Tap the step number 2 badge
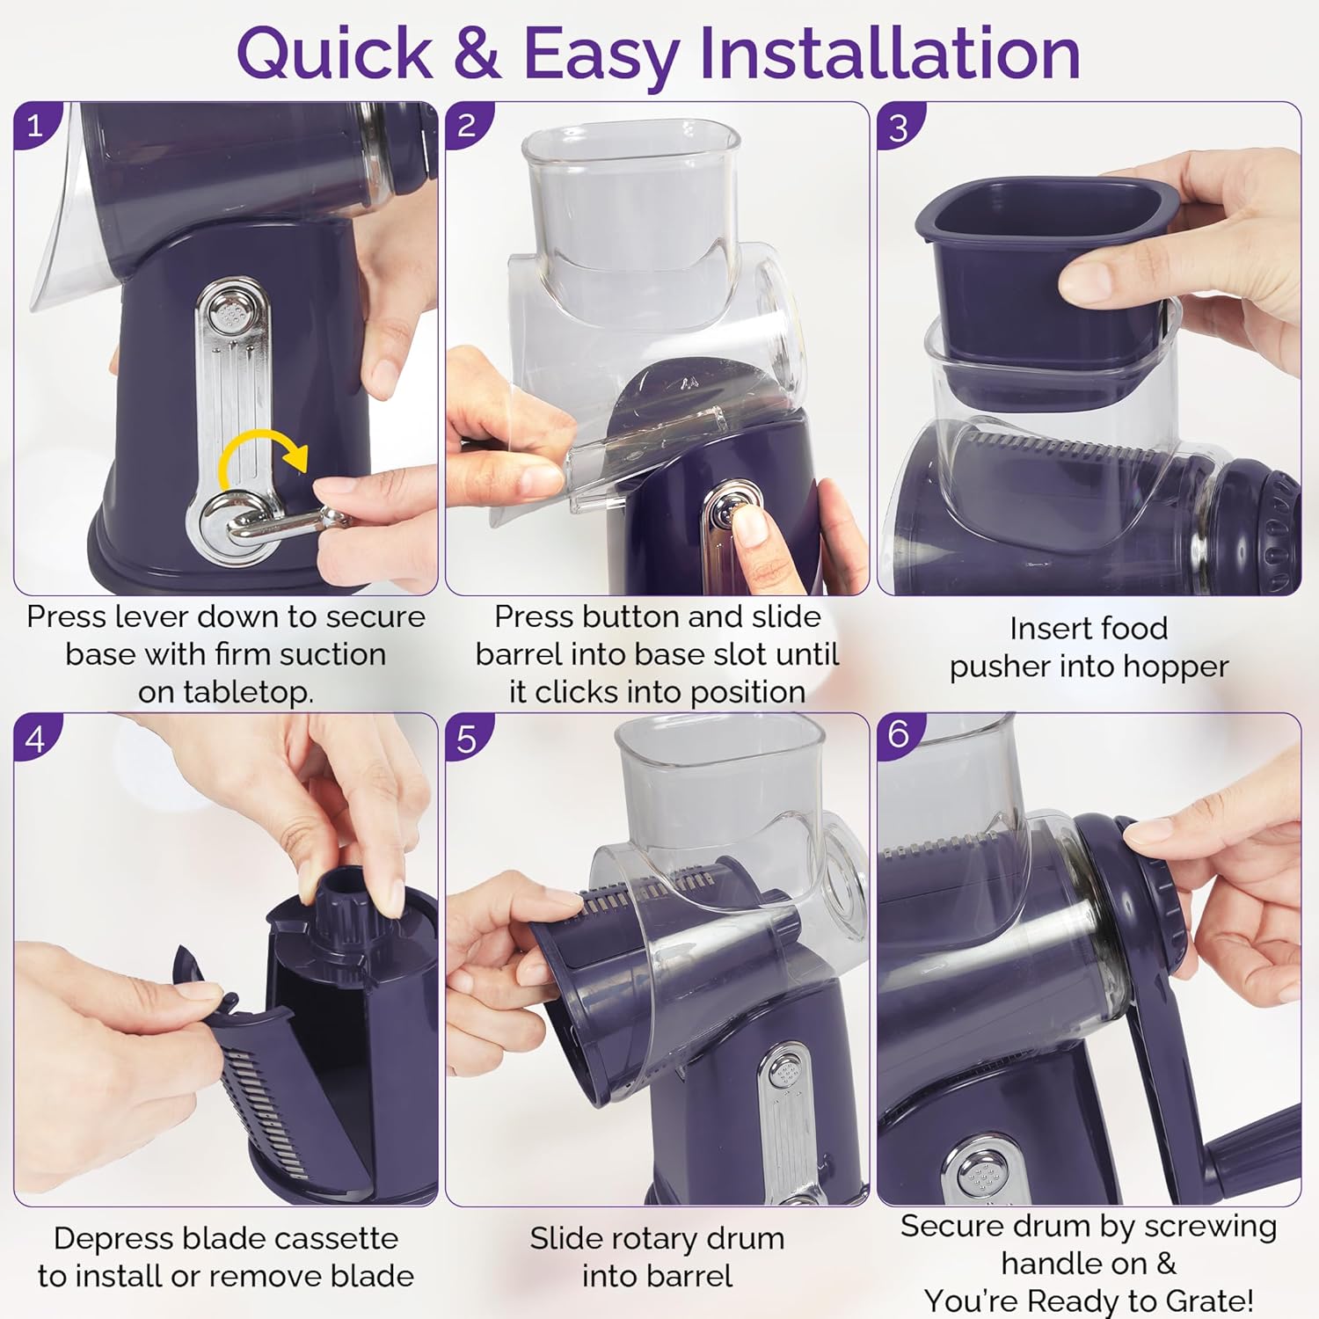click(x=467, y=126)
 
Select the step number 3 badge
click(x=899, y=128)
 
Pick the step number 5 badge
click(x=467, y=737)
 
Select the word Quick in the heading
click(x=334, y=55)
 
